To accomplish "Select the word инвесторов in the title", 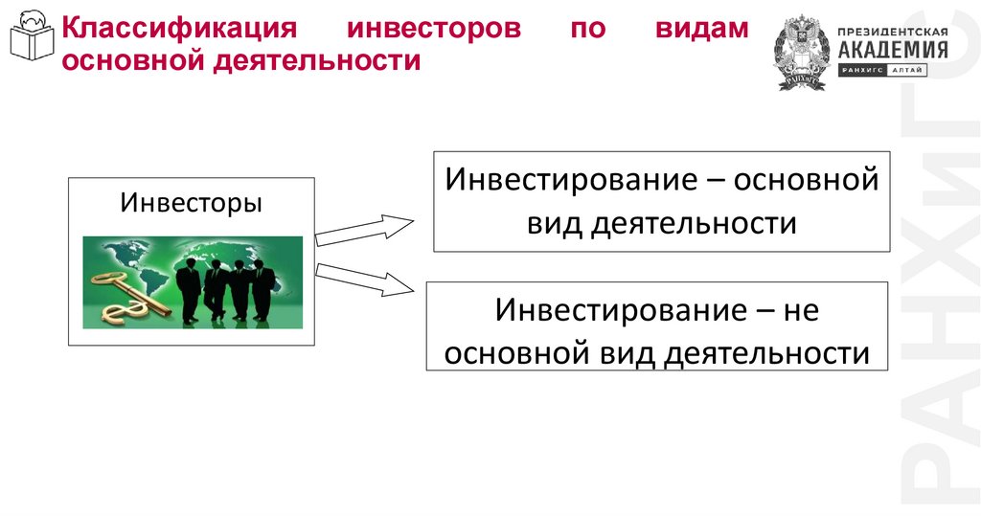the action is [434, 28].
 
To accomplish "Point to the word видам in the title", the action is [702, 28].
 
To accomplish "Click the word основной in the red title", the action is [121, 61].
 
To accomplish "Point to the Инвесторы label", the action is [191, 204].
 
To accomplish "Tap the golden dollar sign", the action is [125, 308].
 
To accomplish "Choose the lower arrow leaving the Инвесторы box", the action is [364, 280].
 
